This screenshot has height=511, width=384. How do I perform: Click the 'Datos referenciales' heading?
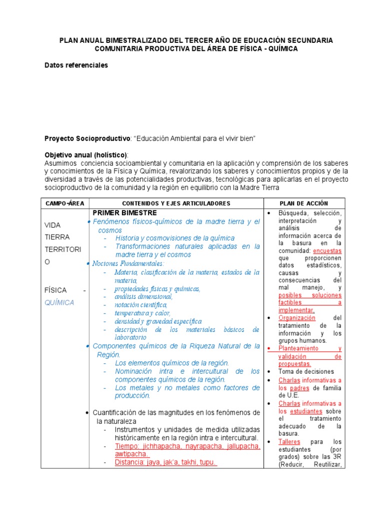point(76,65)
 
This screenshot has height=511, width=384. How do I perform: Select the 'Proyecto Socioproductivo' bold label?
point(87,138)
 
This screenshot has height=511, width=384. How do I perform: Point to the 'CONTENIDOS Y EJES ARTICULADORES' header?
point(176,204)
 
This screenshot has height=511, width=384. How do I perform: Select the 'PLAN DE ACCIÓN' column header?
point(303,204)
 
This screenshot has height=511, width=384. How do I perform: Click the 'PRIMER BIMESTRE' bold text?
point(124,213)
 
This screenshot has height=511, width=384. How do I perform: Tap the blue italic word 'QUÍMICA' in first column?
point(59,302)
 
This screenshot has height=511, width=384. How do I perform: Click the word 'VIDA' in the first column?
point(53,225)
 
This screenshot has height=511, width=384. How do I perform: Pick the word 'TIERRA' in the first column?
point(57,237)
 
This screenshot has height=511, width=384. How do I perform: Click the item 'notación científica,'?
point(141,305)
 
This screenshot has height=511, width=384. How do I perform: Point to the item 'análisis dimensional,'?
point(143,297)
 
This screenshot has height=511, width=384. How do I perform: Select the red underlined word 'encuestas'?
point(327,251)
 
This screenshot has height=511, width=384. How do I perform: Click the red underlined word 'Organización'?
point(297,318)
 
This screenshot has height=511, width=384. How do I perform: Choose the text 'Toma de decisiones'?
point(306,371)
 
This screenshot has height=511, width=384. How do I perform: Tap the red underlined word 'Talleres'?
point(289,442)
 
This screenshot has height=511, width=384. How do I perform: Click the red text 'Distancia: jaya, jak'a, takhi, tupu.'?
point(165,462)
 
